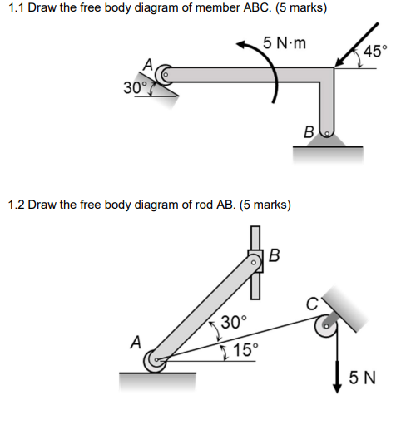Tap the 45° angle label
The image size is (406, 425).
374,51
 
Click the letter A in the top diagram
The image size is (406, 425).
148,64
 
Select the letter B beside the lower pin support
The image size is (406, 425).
309,131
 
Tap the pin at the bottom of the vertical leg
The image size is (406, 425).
327,131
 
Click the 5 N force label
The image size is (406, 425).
363,379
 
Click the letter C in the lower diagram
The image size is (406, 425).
312,304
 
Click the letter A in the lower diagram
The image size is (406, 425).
136,341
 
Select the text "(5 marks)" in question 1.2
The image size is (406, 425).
265,204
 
